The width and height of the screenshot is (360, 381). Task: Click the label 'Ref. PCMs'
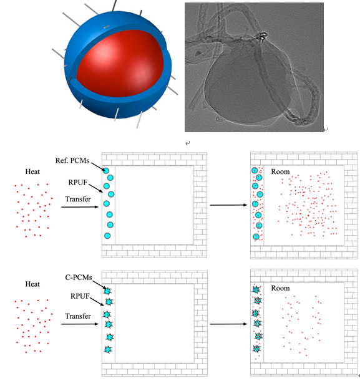tap(72, 161)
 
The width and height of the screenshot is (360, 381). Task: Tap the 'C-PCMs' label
tap(79, 277)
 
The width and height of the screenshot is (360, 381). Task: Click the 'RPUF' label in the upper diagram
tap(77, 183)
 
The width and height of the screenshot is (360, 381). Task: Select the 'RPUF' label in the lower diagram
tap(80, 296)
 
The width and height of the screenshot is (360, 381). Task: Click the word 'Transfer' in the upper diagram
tap(78, 199)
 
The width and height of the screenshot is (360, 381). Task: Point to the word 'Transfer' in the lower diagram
tap(78, 316)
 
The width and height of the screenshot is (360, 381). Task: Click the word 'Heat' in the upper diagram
tap(32, 171)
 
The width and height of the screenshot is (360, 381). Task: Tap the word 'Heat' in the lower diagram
tap(32, 284)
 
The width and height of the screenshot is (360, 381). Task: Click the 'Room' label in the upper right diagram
tap(280, 171)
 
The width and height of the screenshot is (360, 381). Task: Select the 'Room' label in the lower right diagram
tap(280, 288)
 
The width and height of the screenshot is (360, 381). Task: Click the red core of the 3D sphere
tap(119, 64)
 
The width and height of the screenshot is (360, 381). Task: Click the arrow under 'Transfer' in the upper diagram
tap(80, 207)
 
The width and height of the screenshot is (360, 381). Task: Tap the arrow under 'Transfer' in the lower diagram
tap(80, 324)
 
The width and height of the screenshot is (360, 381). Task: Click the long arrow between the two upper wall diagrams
tap(228, 205)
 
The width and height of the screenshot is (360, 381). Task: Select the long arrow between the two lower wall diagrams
tap(228, 324)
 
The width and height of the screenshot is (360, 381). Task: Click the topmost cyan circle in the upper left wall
tap(106, 170)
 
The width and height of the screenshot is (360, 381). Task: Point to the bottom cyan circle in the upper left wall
tap(107, 236)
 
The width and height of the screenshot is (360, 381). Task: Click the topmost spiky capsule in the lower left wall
tap(107, 291)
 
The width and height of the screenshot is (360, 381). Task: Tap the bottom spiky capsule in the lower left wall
tap(108, 349)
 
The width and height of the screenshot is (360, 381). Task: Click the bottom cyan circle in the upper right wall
tap(256, 237)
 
